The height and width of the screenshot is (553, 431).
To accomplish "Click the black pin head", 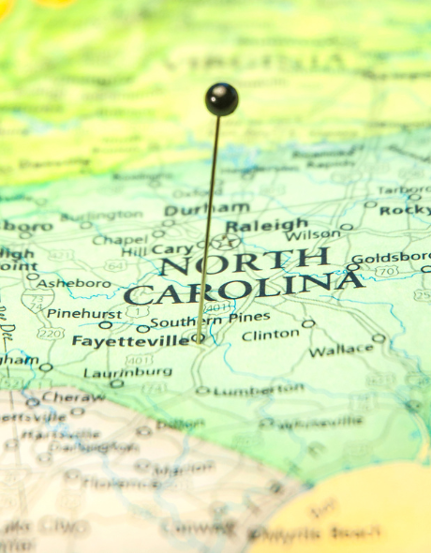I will click(x=221, y=98).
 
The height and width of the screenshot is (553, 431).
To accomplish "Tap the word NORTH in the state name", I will click(x=245, y=262).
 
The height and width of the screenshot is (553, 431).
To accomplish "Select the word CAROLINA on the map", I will click(x=242, y=288).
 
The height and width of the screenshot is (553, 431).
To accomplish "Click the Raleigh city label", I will click(x=266, y=225).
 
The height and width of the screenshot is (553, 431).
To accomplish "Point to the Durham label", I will click(x=207, y=209).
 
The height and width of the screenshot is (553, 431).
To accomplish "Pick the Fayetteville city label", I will click(x=130, y=341).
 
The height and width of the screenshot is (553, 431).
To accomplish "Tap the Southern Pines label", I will click(x=210, y=321).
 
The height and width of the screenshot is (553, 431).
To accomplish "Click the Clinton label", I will click(x=270, y=334).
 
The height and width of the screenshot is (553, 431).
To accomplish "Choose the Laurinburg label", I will click(x=113, y=371).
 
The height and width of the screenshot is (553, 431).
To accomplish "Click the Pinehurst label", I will click(x=84, y=313).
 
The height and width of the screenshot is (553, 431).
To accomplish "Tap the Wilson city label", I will click(x=313, y=234).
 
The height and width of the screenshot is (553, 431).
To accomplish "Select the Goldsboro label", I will click(x=390, y=258).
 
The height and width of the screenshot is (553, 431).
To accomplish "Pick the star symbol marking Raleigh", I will click(x=226, y=241).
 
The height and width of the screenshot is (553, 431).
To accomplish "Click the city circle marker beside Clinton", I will click(x=308, y=323).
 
